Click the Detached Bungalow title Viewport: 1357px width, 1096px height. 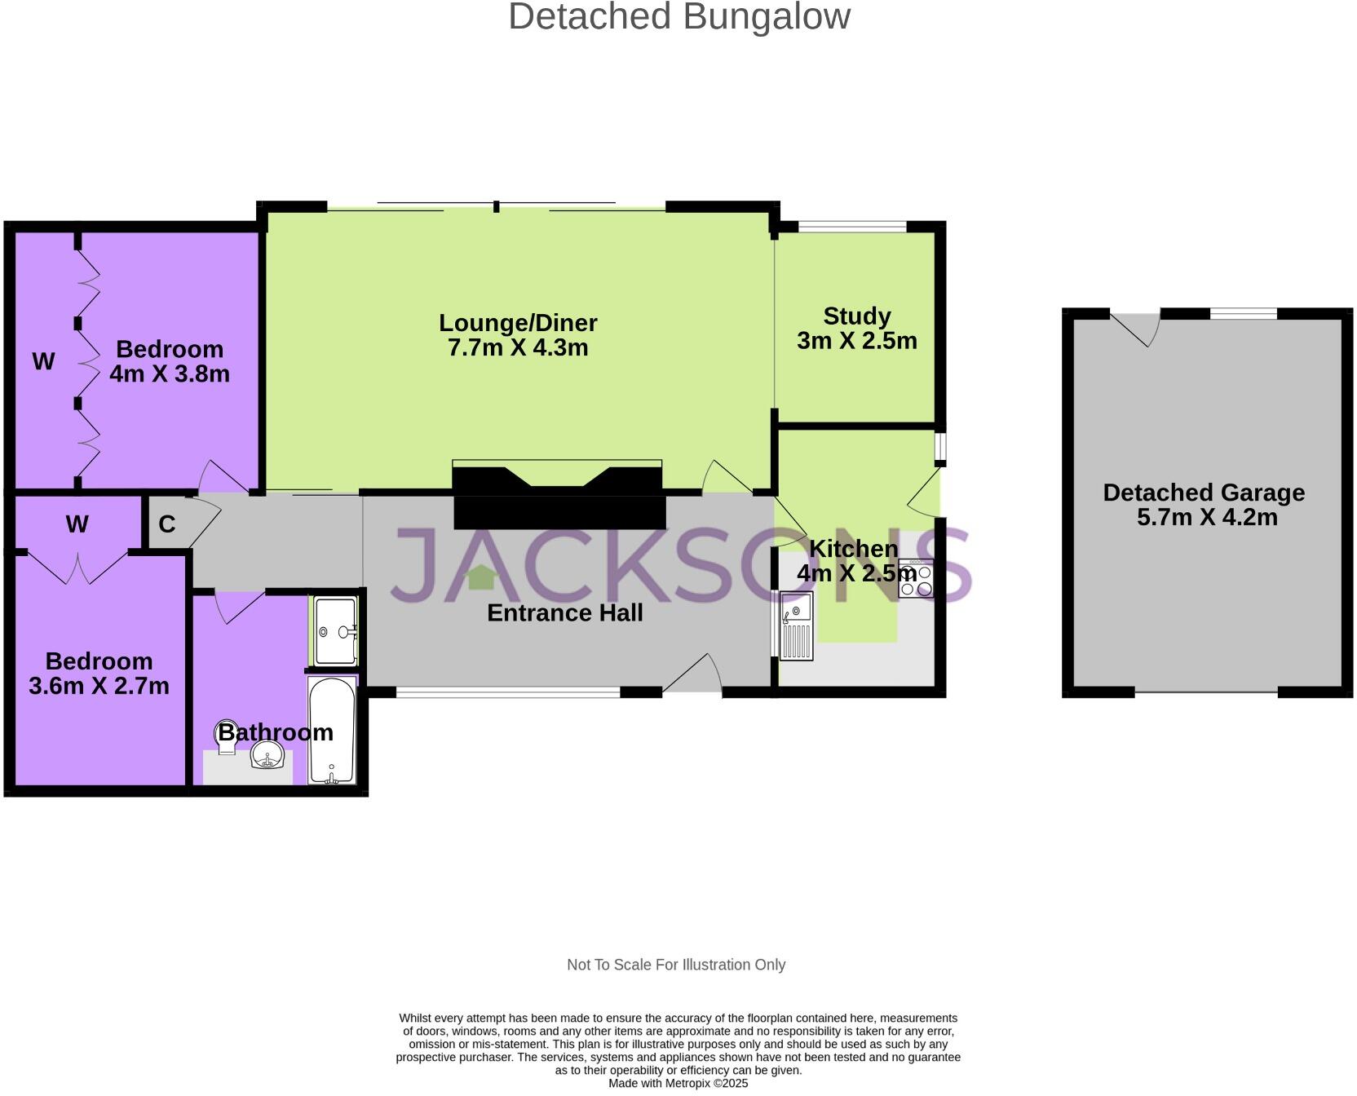point(678,17)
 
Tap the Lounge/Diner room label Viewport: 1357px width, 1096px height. point(518,335)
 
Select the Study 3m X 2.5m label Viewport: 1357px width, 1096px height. point(856,328)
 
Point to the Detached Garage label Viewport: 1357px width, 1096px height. point(1204,504)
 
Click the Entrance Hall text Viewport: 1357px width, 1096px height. point(564,613)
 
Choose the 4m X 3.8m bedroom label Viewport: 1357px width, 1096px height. point(170,361)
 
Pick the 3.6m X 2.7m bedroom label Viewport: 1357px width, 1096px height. point(99,674)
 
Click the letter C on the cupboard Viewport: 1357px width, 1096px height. point(167,524)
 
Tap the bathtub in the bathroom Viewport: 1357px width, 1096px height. point(332,731)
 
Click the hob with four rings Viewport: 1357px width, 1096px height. point(916,580)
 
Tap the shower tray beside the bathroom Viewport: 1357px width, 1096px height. point(335,631)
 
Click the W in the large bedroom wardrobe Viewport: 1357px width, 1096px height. point(43,361)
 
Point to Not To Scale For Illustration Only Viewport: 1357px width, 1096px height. point(676,965)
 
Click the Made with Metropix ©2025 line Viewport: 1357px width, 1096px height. point(678,1084)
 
